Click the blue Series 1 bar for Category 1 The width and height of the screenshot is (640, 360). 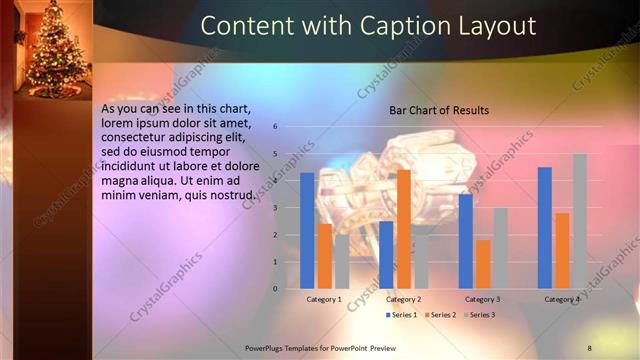point(307,231)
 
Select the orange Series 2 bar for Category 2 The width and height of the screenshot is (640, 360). point(403,229)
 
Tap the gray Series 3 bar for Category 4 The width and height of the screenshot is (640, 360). point(579,221)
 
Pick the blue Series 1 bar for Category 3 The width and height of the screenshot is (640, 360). point(465,241)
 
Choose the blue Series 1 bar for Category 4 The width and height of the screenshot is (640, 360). point(545,228)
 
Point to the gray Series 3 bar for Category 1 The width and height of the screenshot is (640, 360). point(341,262)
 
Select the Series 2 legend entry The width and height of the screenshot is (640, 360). point(441,315)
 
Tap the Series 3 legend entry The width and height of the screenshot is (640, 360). point(479,315)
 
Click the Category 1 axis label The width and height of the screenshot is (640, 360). point(323,299)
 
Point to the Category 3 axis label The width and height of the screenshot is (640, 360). point(483,299)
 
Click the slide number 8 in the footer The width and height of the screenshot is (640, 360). point(590,347)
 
